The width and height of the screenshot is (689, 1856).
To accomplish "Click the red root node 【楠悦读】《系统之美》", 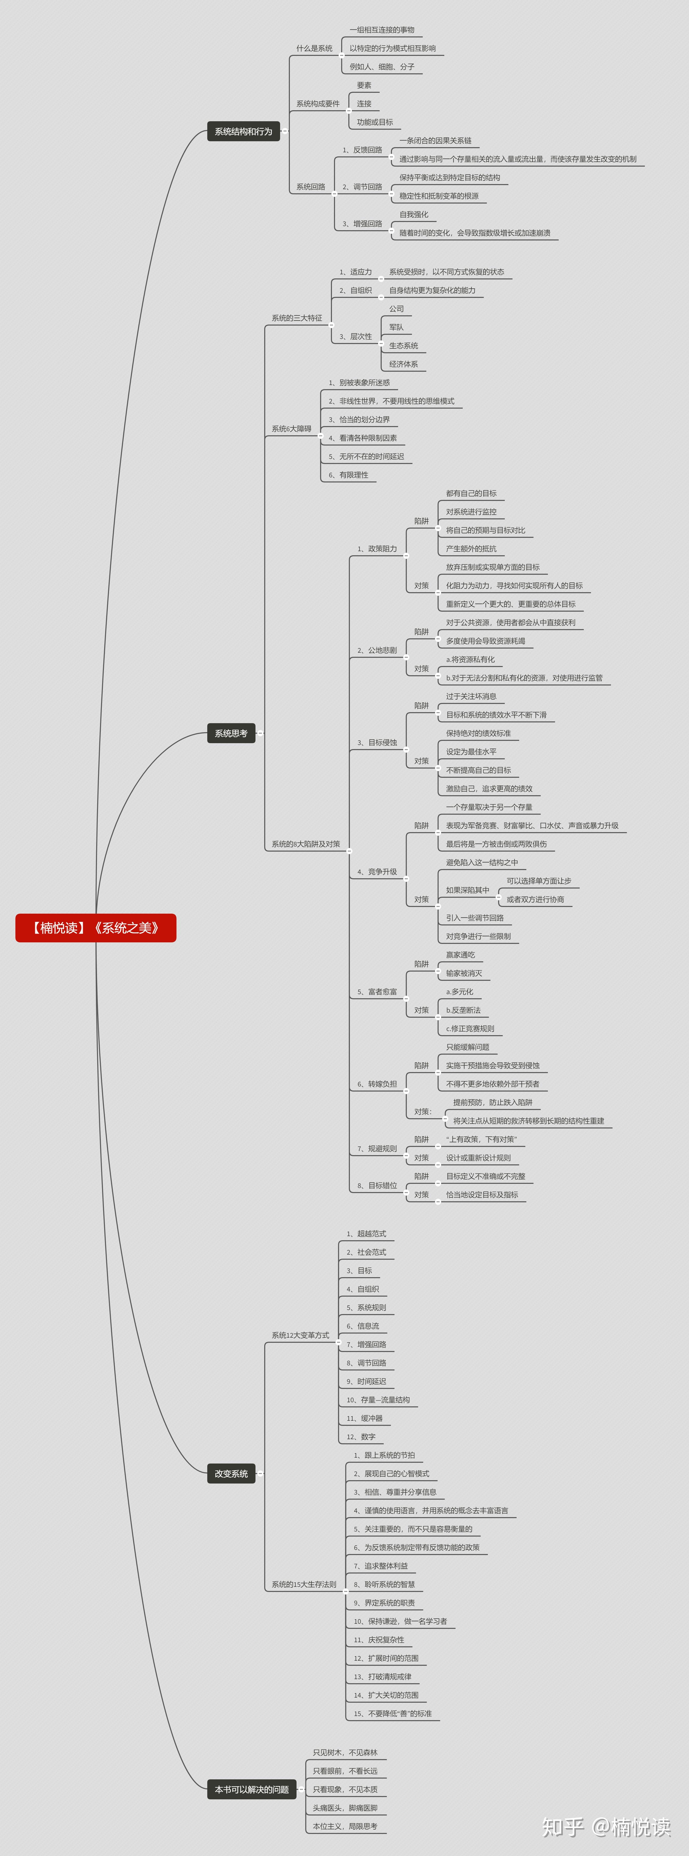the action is pos(96,928).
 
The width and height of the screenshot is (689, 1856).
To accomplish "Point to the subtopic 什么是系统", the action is pos(314,48).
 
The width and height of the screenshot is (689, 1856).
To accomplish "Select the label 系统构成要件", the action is pos(318,104).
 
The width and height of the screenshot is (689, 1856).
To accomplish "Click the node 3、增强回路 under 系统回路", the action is pos(362,224).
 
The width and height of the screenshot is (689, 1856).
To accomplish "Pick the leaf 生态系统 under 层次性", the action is pos(403,346).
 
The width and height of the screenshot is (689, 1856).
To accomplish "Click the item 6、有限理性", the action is pos(349,475).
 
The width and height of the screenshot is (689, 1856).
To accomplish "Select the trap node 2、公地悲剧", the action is pos(377,650).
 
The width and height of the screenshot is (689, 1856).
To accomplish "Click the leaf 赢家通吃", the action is pos(460,955).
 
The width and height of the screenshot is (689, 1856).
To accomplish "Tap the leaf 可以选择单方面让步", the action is pos(538,881).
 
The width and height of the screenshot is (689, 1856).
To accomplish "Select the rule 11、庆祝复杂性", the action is pos(379,1640).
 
